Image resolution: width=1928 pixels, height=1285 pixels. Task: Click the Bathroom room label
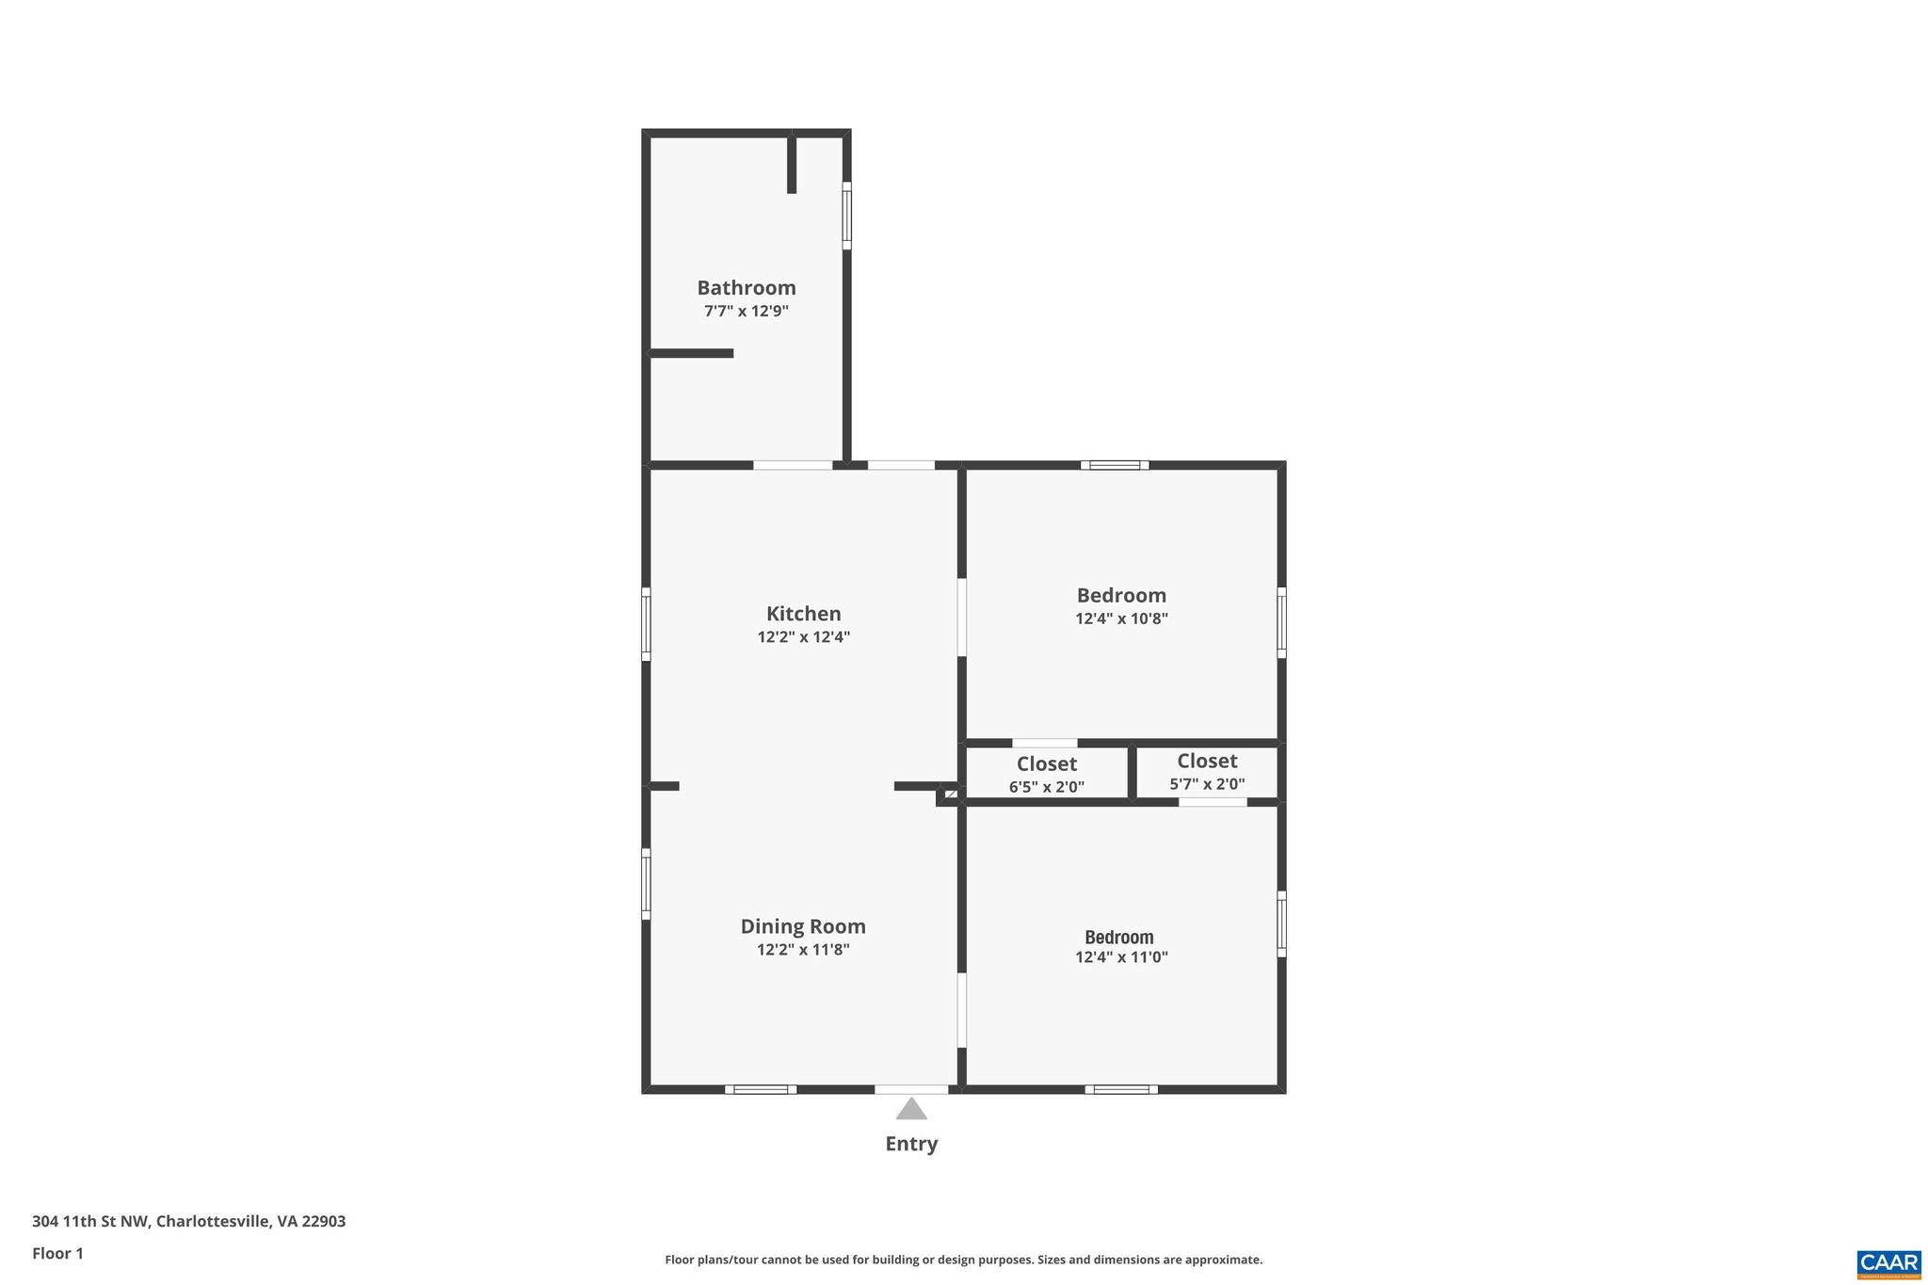(746, 288)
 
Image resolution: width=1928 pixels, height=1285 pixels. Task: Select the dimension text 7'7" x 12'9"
(746, 312)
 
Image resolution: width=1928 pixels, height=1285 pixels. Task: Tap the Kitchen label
(803, 614)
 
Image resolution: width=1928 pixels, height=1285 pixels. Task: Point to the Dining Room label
(803, 926)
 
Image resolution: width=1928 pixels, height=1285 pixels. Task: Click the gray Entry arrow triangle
(910, 1110)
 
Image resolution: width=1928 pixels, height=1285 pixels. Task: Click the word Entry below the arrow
(910, 1144)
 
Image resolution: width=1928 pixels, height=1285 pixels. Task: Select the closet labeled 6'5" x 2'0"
(1046, 774)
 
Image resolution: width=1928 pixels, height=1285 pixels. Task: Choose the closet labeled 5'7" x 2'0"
(1207, 771)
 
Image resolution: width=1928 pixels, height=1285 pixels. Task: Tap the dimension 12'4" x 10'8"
(1121, 618)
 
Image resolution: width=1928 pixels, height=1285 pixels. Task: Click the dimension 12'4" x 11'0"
(1121, 957)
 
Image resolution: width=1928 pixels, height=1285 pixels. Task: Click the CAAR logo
(1888, 1263)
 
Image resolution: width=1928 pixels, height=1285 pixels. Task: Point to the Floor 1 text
(57, 1253)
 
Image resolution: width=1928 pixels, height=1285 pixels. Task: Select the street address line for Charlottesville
(188, 1221)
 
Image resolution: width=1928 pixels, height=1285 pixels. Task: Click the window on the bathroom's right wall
(846, 216)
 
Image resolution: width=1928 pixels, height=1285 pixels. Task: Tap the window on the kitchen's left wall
(646, 624)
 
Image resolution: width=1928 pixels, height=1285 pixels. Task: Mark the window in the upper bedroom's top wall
(1115, 465)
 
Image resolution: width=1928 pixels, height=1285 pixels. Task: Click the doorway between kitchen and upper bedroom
(961, 617)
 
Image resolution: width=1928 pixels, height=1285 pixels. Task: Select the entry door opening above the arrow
(910, 1089)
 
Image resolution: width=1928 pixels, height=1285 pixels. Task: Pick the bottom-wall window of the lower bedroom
(1120, 1089)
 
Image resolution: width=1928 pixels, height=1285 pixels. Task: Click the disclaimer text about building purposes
(963, 1260)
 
